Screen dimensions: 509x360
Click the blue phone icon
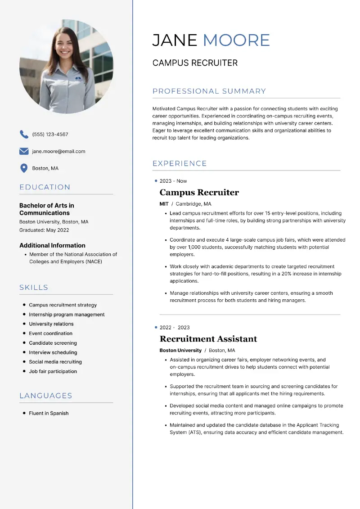point(24,134)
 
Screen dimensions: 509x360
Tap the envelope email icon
point(24,151)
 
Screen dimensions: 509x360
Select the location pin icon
point(24,168)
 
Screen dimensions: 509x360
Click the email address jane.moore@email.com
point(58,151)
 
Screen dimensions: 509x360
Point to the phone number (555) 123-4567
point(50,134)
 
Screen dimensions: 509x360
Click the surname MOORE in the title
point(236,40)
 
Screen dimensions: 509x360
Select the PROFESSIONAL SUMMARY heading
point(209,91)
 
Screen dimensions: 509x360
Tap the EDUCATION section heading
point(45,187)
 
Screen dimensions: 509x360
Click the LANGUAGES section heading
point(46,396)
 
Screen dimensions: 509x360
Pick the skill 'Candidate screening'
point(53,343)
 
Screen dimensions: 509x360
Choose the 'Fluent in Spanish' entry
point(49,413)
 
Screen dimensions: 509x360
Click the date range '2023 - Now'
point(173,181)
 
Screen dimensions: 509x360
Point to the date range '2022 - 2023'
point(175,328)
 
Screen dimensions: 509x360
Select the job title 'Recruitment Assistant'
point(208,339)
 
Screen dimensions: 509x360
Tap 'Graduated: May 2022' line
point(44,230)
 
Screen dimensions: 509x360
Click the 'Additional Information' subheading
point(52,245)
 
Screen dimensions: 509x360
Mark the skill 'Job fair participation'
point(53,371)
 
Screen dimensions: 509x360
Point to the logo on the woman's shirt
point(79,78)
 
